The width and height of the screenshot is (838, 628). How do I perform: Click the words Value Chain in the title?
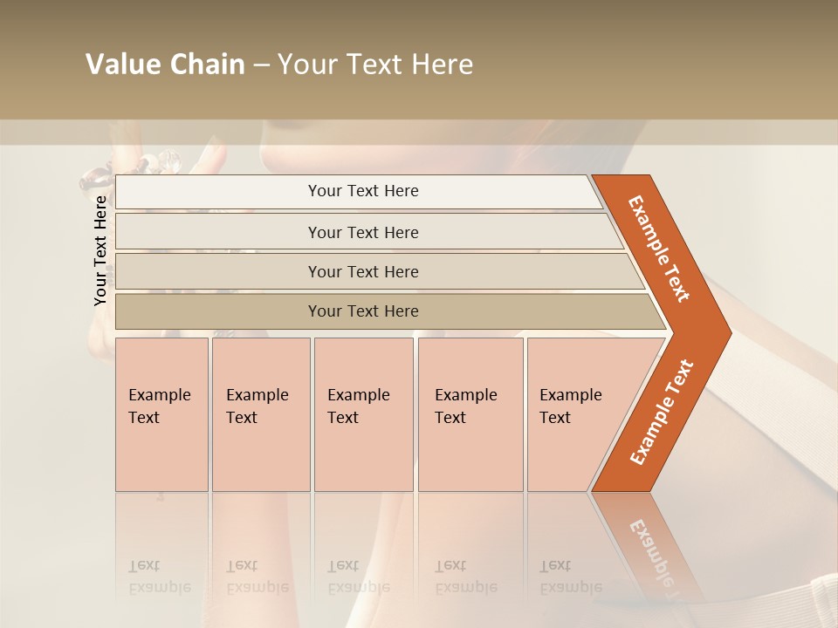coord(165,65)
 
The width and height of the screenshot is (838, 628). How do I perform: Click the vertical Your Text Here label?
coord(100,250)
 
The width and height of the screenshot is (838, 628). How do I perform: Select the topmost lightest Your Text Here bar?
coord(362,191)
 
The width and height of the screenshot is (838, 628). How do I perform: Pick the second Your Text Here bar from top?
coord(362,233)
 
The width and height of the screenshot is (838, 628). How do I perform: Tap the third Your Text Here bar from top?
coord(362,272)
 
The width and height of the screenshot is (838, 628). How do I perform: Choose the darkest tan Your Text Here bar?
coord(362,311)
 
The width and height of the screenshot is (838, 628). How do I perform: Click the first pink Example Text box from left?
coord(161,414)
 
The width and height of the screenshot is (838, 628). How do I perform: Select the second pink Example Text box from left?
coord(260,414)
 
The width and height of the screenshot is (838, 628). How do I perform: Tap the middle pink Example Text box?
coord(363,414)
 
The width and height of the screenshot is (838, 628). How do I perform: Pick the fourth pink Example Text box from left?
coord(470,414)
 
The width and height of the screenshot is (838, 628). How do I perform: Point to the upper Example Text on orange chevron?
coord(659,249)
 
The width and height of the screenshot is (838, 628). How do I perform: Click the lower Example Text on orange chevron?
coord(662,412)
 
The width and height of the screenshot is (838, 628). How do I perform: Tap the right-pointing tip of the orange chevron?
coord(726,332)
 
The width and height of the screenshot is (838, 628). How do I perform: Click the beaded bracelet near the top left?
coord(131,167)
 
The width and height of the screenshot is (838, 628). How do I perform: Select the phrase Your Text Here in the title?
coord(375,65)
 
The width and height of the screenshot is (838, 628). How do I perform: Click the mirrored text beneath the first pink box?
coord(159,576)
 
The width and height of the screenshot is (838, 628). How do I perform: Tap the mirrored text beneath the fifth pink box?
coord(570,576)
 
